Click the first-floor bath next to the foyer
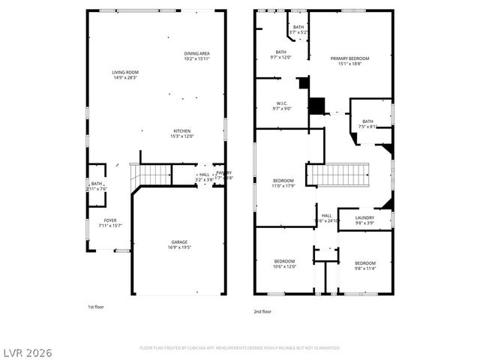97,185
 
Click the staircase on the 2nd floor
341,175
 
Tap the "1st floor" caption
97,307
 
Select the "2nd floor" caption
262,311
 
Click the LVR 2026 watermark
27,352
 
